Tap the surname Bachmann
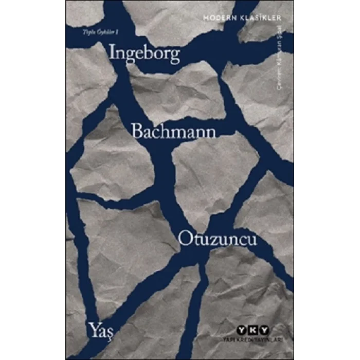[x=173, y=131]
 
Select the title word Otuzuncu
[x=218, y=240]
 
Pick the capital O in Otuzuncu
[x=186, y=240]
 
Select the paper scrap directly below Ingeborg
[x=175, y=93]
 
